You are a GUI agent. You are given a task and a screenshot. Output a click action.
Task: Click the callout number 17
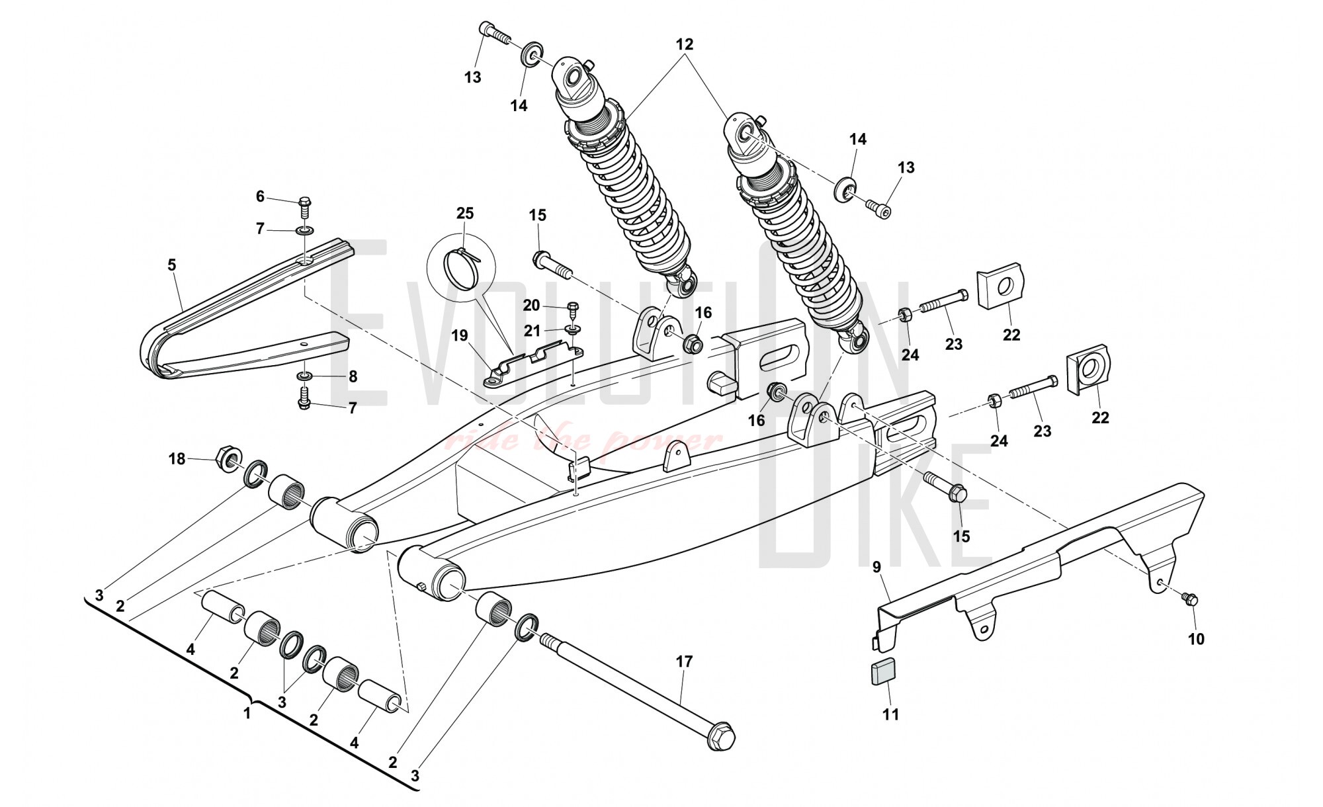[x=684, y=661]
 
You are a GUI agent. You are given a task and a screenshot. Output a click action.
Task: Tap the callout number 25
[x=465, y=214]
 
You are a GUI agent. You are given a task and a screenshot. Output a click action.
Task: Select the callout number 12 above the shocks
[x=684, y=44]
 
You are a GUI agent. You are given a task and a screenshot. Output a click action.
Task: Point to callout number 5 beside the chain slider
[x=172, y=265]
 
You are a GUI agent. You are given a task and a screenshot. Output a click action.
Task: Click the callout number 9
[x=877, y=566]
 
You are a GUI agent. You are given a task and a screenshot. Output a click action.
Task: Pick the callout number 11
[x=891, y=715]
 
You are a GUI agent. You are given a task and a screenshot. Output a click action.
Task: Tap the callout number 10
[x=1196, y=639]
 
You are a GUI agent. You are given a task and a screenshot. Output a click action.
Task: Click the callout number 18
[x=177, y=458]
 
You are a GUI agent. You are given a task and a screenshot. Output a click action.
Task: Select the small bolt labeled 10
[x=1191, y=599]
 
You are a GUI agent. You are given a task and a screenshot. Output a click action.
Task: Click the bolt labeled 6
[x=306, y=207]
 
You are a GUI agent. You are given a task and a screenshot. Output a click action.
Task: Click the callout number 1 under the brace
[x=247, y=714]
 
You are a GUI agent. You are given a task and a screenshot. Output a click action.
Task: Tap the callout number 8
[x=353, y=376]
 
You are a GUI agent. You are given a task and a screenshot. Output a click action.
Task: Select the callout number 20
[x=531, y=305]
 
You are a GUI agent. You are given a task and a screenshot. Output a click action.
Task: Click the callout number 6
[x=260, y=196]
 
